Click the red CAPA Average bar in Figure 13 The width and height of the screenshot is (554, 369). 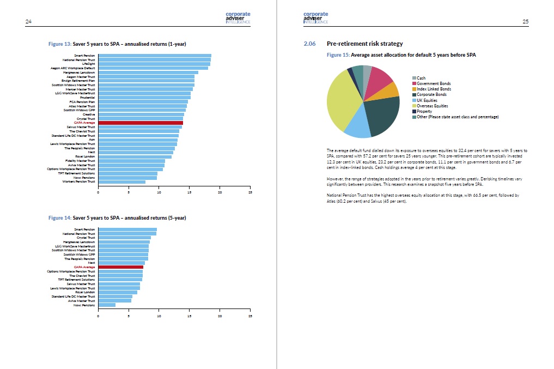[x=141, y=123]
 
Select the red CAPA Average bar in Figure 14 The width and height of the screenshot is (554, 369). [x=120, y=267]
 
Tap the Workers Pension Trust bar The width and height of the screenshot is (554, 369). [x=121, y=182]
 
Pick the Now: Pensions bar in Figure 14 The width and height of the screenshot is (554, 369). [x=107, y=305]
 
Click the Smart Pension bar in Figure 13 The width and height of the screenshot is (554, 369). [x=155, y=56]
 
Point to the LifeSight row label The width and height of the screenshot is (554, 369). [x=88, y=64]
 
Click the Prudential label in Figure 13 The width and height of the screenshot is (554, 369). [x=87, y=98]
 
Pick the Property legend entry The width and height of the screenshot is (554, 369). [x=424, y=111]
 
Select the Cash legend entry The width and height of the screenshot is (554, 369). [x=421, y=78]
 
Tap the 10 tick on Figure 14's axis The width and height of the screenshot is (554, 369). [x=159, y=316]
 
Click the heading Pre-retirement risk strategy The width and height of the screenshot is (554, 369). [x=364, y=44]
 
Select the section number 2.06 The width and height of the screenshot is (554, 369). [x=309, y=44]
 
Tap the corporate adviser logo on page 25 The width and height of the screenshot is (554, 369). [x=316, y=17]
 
